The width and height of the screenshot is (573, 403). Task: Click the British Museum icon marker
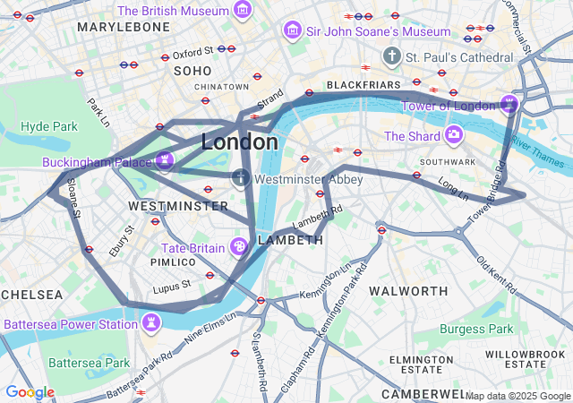242,11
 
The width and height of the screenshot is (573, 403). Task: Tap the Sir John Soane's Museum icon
292,31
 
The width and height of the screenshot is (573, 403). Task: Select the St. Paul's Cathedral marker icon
391,57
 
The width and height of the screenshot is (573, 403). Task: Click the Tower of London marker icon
509,104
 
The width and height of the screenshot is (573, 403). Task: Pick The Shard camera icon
454,135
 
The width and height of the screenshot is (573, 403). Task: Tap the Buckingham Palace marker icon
164,160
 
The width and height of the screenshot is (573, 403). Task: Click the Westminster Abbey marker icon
241,178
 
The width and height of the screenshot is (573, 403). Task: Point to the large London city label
239,141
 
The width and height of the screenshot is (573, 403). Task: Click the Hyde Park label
49,126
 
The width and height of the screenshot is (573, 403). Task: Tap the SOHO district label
192,70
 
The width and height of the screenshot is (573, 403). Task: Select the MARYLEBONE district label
124,27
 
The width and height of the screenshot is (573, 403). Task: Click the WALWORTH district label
408,291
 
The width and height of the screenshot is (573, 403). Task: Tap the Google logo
30,392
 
